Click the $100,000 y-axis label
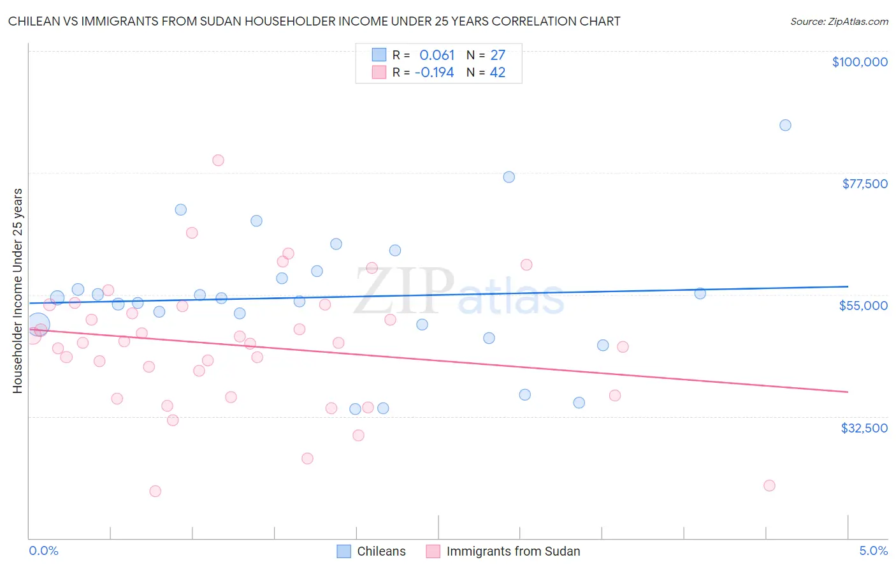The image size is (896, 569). click(x=859, y=62)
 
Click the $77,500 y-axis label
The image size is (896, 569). click(x=864, y=184)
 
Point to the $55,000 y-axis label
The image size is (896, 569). click(x=863, y=306)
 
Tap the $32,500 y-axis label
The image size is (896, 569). click(x=863, y=428)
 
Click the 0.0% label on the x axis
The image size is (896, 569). click(x=43, y=551)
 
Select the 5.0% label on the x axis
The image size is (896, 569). click(x=873, y=551)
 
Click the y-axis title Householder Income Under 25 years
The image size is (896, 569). click(x=17, y=290)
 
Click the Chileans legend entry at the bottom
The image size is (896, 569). click(x=380, y=551)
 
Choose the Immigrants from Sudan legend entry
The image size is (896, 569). click(x=512, y=551)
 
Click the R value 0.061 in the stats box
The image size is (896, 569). click(x=437, y=55)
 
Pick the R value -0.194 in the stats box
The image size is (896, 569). click(x=434, y=73)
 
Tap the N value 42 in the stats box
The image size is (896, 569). click(x=497, y=73)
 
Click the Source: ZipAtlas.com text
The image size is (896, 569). click(x=839, y=22)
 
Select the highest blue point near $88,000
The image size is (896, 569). click(x=785, y=125)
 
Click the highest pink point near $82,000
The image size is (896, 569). click(x=218, y=160)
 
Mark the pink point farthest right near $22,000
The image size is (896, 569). click(x=769, y=485)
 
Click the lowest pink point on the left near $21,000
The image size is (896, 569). click(x=155, y=491)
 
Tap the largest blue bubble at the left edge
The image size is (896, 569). click(x=38, y=325)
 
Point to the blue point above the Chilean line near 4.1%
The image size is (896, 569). click(x=700, y=293)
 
